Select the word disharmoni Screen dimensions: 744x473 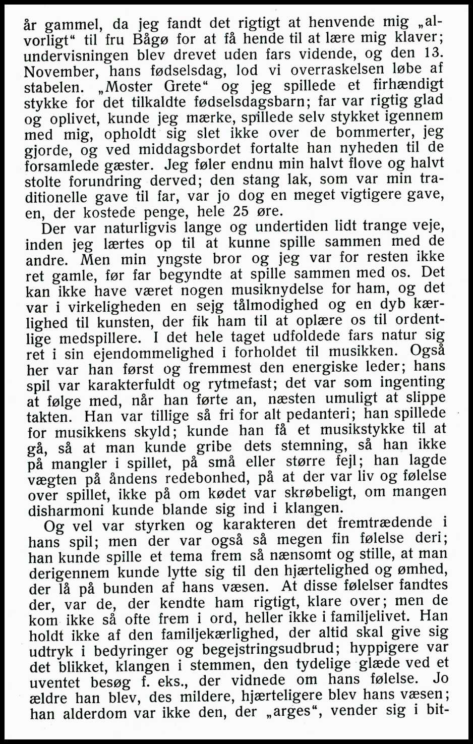67,510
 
